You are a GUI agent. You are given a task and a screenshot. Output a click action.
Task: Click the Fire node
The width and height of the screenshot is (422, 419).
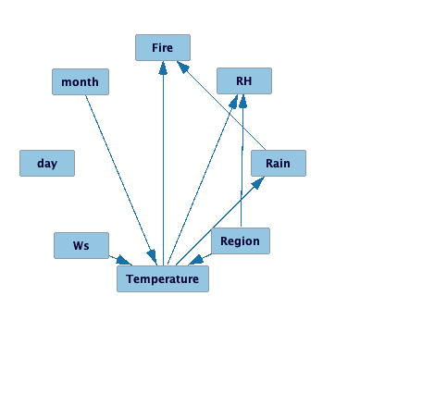point(163,48)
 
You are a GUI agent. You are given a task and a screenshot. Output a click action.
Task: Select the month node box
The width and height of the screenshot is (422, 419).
point(81,81)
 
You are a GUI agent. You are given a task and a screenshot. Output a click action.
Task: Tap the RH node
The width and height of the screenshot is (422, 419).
point(244,81)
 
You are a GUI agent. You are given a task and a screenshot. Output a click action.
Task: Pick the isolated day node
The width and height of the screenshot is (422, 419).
point(47,163)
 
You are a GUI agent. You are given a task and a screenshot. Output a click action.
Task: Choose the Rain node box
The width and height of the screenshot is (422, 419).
point(278,163)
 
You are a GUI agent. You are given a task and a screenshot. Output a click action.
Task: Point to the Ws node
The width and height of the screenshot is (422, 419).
point(81,245)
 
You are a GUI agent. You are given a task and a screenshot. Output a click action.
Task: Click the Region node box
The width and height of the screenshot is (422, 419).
point(241,241)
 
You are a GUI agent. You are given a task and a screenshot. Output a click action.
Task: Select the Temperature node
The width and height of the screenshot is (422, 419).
point(163,278)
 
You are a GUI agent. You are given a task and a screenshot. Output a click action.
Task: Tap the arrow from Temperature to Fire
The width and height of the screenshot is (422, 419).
point(164,166)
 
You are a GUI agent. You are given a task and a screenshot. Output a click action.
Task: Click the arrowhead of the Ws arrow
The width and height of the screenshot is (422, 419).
point(126,262)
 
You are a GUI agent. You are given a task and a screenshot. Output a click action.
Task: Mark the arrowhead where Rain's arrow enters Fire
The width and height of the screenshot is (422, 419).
point(183,68)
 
